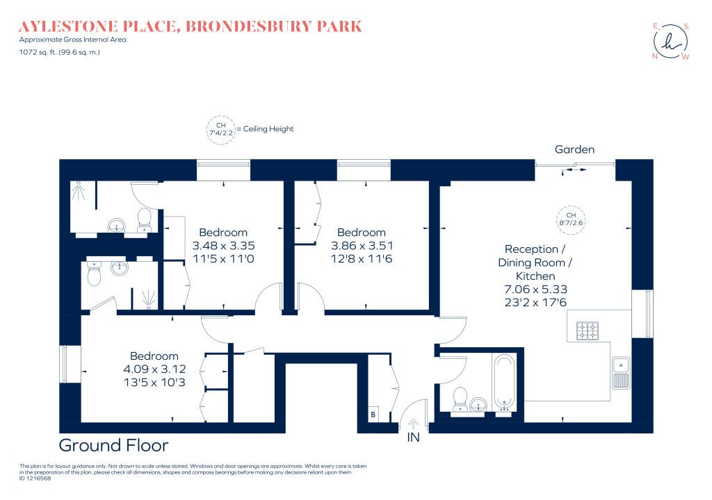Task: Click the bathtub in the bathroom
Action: (504, 381)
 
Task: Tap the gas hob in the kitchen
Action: (587, 331)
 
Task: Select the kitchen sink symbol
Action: (621, 373)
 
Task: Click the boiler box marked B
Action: (373, 415)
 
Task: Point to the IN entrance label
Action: (413, 437)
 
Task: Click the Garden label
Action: (574, 149)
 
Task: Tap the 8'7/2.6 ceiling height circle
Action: (571, 219)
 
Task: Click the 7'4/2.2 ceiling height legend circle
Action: (220, 130)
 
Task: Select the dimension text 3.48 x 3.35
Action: (223, 245)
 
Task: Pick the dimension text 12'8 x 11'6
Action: (362, 258)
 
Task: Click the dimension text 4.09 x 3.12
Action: (154, 369)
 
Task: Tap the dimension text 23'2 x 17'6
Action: (535, 302)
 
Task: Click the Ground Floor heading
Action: (113, 445)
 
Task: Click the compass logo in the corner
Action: (671, 41)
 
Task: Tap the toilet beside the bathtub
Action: (460, 399)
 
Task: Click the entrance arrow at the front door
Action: (413, 424)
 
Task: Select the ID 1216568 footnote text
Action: (35, 478)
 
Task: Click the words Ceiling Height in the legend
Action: (268, 129)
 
